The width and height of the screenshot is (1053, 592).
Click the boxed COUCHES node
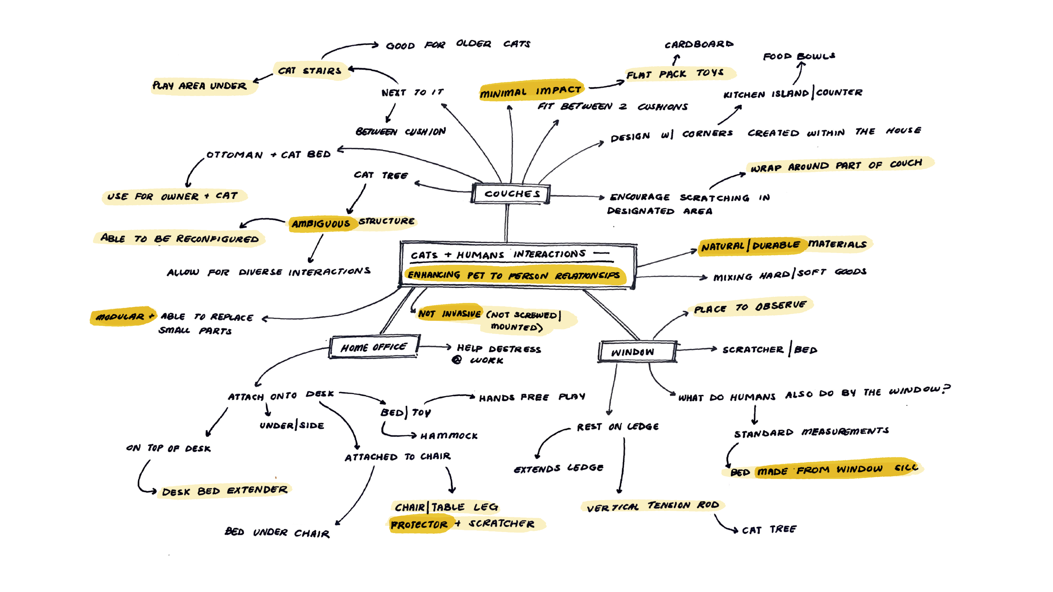pos(511,194)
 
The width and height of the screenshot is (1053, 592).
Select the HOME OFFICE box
pos(374,347)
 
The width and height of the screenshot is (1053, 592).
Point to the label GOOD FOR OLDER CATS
pos(458,44)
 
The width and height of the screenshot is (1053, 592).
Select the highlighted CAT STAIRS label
pos(310,70)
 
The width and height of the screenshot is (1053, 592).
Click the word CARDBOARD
pos(699,44)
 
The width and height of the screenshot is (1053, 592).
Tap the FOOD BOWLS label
pos(799,56)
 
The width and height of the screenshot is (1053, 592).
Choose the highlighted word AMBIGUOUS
pos(321,224)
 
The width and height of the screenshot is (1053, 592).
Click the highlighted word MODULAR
pos(120,316)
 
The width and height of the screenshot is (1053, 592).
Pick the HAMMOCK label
pos(449,436)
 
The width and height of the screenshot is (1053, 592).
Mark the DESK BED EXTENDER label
pos(224,491)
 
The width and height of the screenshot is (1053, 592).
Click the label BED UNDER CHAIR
pos(277,532)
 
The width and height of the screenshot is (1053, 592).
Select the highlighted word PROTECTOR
pos(419,525)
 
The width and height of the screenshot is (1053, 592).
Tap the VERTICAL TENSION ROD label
pos(652,506)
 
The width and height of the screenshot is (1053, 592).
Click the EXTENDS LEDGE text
pos(559,468)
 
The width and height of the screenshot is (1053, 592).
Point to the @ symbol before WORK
pos(457,360)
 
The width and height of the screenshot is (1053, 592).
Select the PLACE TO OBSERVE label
pos(750,307)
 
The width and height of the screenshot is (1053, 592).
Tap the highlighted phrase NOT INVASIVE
pos(449,314)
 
